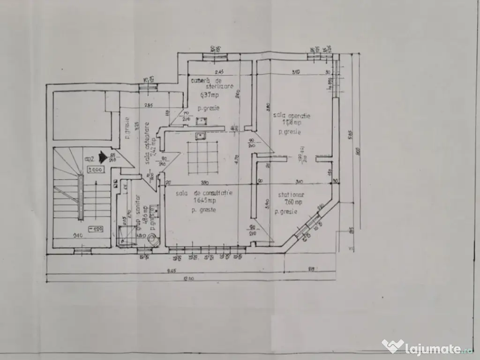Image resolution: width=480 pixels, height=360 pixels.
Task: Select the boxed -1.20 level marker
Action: coord(96,229)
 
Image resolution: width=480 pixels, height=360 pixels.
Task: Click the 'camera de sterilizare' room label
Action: coord(212,83)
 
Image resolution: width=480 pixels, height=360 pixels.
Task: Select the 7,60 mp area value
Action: coord(292,202)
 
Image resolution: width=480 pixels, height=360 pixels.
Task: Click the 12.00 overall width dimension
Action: coord(188,280)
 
